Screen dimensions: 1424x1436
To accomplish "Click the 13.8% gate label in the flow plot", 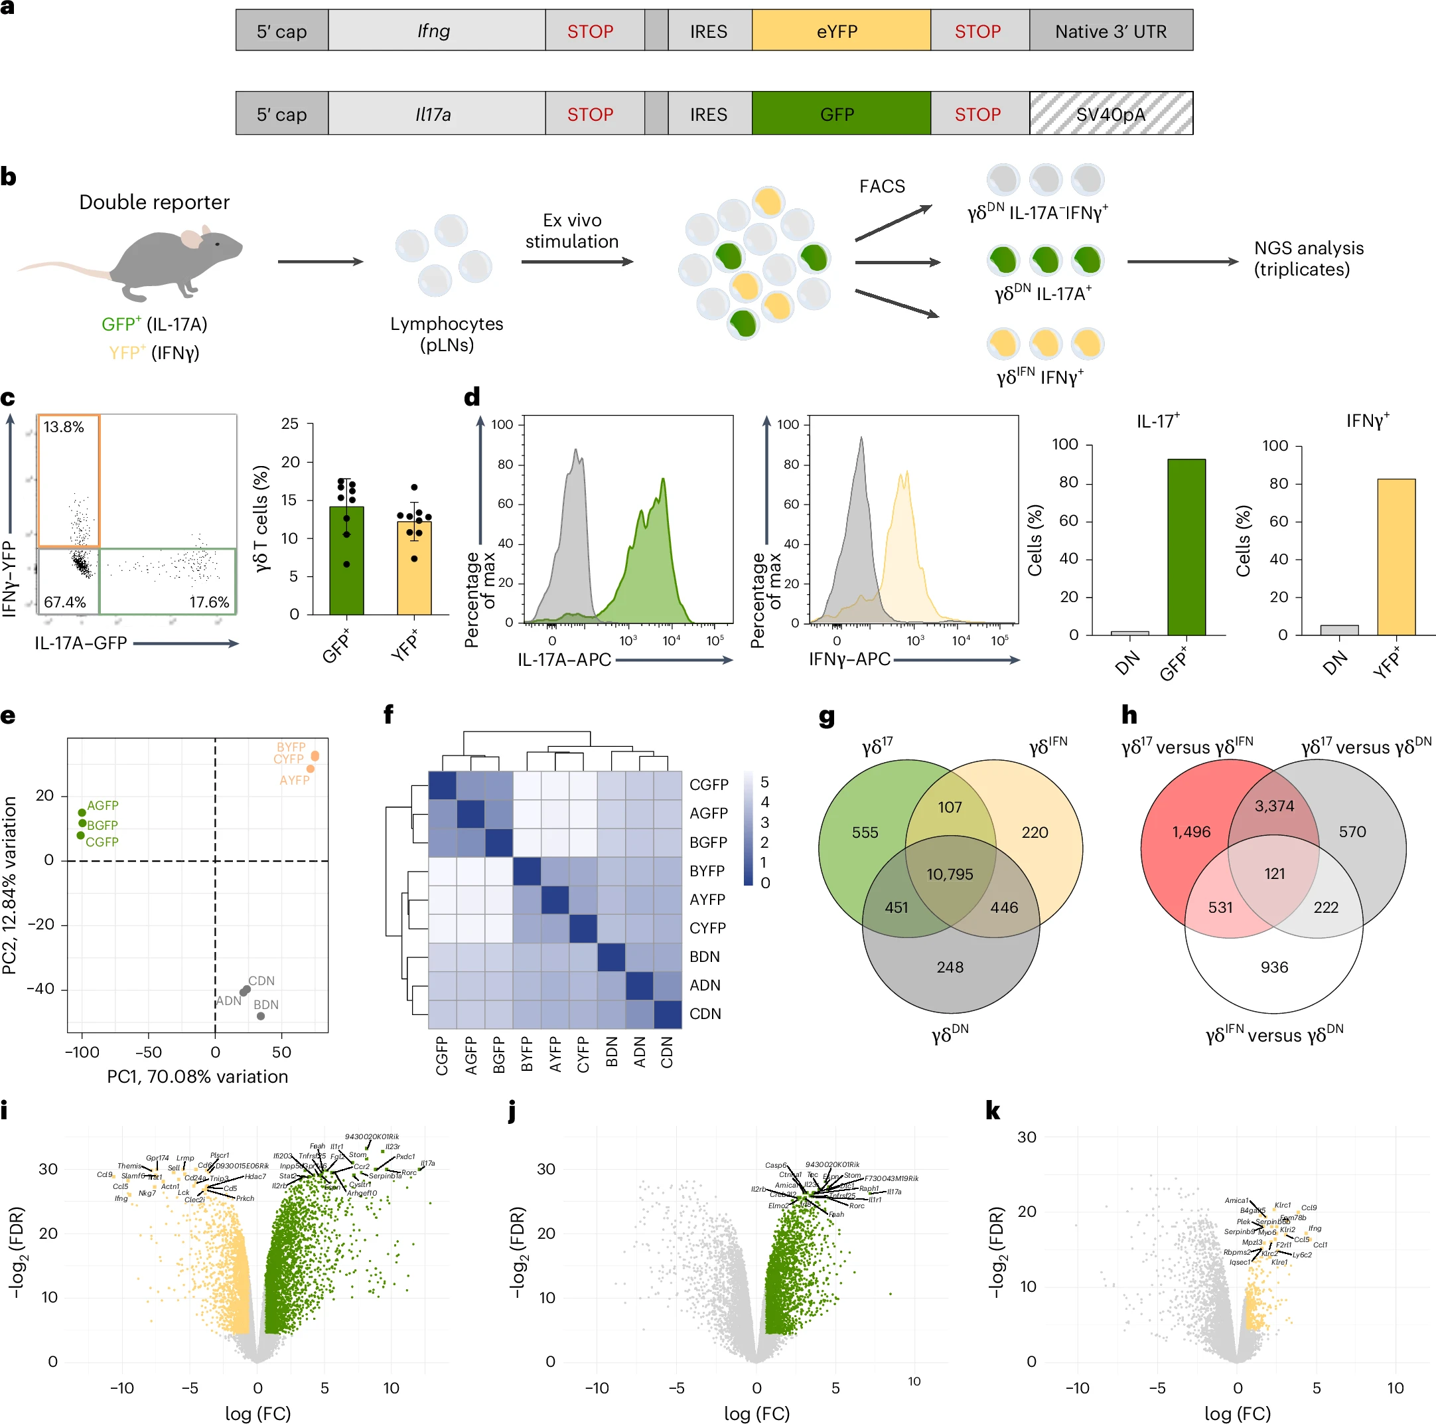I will [63, 427].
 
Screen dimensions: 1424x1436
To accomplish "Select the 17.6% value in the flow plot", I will [209, 601].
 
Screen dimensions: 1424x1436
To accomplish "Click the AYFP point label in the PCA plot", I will [295, 780].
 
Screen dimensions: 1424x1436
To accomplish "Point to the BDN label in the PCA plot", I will [266, 1004].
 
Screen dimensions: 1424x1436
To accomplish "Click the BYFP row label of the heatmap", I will [706, 871].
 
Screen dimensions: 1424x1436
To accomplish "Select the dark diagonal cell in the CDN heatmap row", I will [668, 1014].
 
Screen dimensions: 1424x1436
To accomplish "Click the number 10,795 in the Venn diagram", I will [949, 874].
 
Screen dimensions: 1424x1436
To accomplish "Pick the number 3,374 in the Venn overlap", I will [1274, 806].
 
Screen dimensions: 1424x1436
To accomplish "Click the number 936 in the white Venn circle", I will [1274, 967].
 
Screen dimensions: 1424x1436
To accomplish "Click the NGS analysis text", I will [1308, 258].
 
